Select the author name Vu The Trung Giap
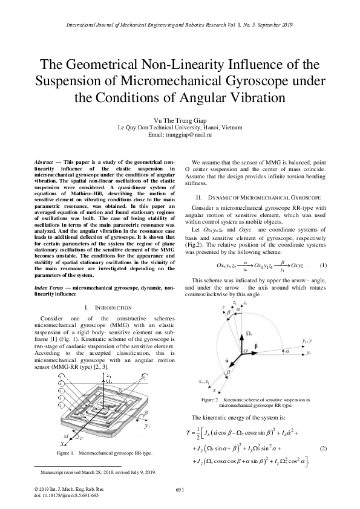pyautogui.click(x=180, y=120)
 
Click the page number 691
pyautogui.click(x=180, y=489)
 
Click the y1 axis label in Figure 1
pyautogui.click(x=147, y=409)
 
